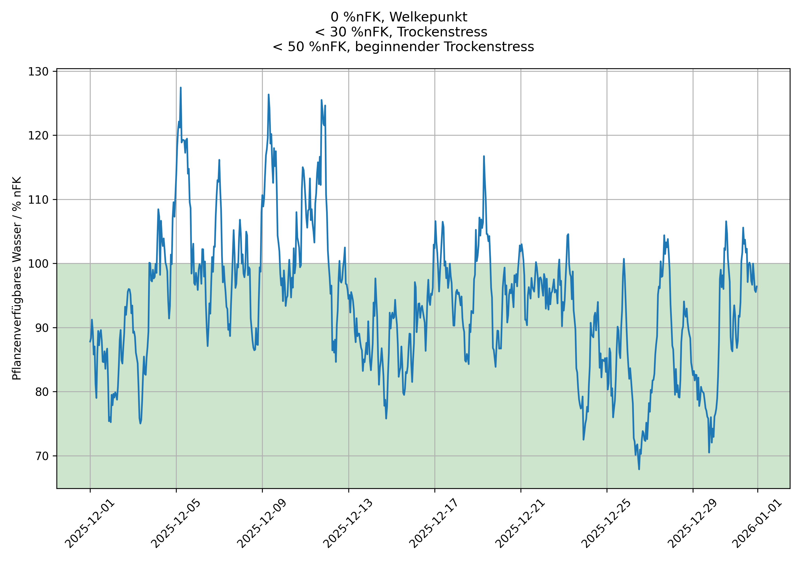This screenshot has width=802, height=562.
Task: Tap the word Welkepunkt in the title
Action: coord(428,17)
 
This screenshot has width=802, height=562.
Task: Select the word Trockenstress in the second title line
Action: coord(442,32)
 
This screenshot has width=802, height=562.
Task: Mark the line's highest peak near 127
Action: coord(181,88)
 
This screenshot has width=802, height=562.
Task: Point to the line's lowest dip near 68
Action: coord(639,469)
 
